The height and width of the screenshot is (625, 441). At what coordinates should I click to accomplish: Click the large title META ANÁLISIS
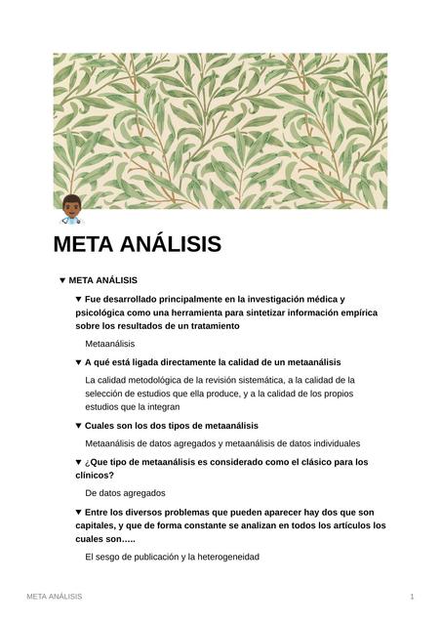click(x=137, y=244)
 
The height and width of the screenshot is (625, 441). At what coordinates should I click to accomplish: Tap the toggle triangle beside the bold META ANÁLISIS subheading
click(x=62, y=280)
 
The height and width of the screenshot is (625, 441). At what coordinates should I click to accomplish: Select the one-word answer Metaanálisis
click(x=109, y=344)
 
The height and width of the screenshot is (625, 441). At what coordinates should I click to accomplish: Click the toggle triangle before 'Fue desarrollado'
click(x=78, y=299)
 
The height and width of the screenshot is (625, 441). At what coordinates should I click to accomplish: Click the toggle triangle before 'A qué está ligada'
click(x=78, y=362)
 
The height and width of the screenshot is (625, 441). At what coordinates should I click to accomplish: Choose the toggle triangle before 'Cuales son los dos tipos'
click(x=78, y=426)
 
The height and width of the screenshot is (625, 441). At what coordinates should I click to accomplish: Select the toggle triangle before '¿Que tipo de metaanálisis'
click(x=78, y=462)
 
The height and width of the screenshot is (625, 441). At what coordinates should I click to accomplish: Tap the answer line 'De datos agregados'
click(x=125, y=493)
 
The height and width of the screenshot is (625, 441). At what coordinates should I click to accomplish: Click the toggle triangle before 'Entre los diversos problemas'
click(x=78, y=512)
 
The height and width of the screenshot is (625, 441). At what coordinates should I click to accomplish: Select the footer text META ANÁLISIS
click(x=54, y=596)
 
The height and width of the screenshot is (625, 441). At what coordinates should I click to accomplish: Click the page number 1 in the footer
click(x=412, y=596)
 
